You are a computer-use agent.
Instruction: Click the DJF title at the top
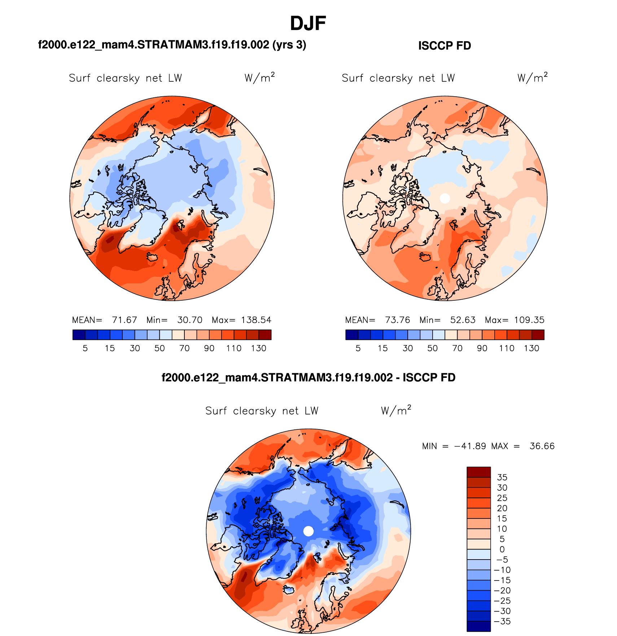pyautogui.click(x=308, y=24)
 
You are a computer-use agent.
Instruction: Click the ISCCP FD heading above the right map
pyautogui.click(x=445, y=46)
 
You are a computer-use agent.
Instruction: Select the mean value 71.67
pyautogui.click(x=124, y=320)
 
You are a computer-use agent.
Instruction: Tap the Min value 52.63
pyautogui.click(x=463, y=320)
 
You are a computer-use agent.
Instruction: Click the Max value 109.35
pyautogui.click(x=529, y=320)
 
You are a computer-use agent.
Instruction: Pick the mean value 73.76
pyautogui.click(x=397, y=320)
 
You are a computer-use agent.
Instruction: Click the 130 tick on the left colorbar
pyautogui.click(x=259, y=348)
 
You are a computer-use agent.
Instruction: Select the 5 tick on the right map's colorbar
pyautogui.click(x=358, y=348)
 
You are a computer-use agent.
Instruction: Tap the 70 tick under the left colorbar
pyautogui.click(x=184, y=348)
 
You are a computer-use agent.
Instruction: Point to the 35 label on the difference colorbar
pyautogui.click(x=502, y=477)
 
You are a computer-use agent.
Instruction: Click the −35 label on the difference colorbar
pyautogui.click(x=502, y=622)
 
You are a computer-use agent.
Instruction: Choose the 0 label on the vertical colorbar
pyautogui.click(x=502, y=549)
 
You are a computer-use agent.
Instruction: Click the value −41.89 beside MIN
pyautogui.click(x=470, y=446)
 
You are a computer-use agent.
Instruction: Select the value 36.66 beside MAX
pyautogui.click(x=542, y=446)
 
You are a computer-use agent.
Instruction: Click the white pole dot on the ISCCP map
pyautogui.click(x=445, y=198)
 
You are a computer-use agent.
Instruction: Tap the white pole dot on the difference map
pyautogui.click(x=308, y=531)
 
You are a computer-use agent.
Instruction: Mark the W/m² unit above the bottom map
pyautogui.click(x=396, y=410)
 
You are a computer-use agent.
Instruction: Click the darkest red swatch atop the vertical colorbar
pyautogui.click(x=479, y=472)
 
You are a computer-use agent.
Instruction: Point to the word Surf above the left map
pyautogui.click(x=79, y=78)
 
